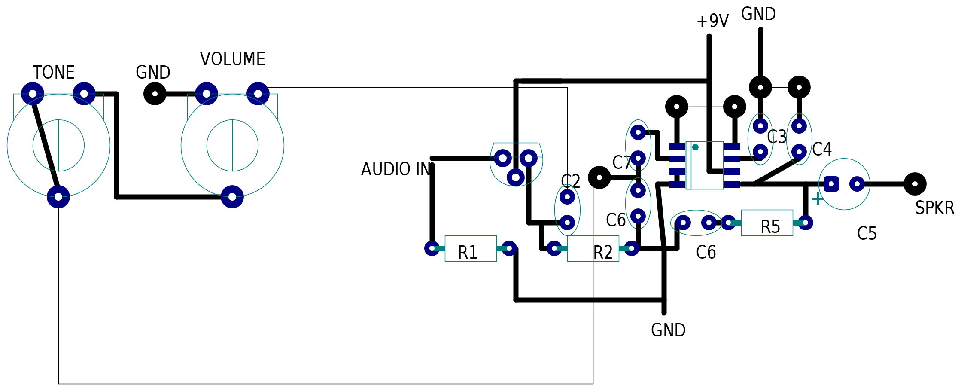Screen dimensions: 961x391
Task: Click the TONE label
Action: coord(54,73)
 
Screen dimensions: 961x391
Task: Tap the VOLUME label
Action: coord(233,59)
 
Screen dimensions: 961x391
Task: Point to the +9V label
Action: coord(713,21)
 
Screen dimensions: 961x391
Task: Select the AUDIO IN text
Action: coord(396,169)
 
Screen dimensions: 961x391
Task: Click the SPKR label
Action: coord(934,208)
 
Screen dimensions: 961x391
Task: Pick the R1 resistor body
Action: coord(471,248)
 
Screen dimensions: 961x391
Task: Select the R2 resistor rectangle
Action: coord(593,248)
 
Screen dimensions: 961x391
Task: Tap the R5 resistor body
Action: coord(767,223)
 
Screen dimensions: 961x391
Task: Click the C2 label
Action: coord(571,181)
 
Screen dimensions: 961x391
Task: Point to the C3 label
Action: coord(777,137)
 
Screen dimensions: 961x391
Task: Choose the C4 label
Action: coord(822,150)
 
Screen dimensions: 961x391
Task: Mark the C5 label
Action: coord(867,234)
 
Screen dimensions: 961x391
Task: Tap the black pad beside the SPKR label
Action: coord(915,184)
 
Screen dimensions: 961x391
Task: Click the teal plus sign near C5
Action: coord(818,199)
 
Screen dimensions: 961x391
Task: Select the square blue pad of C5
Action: coord(831,184)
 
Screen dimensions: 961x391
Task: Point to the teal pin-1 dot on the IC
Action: coord(695,147)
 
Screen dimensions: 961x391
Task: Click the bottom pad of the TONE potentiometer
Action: coord(58,197)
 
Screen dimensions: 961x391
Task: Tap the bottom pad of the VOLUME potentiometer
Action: coord(232,197)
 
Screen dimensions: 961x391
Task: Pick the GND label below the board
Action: coord(668,330)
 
